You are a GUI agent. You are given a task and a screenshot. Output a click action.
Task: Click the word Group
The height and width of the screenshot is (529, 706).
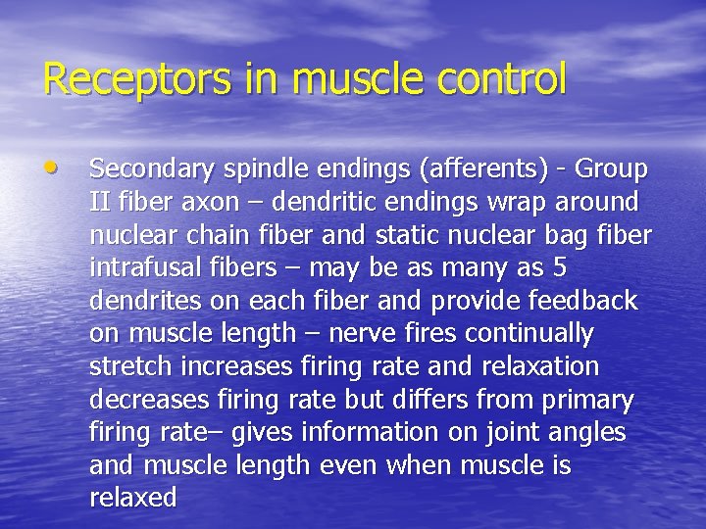click(612, 169)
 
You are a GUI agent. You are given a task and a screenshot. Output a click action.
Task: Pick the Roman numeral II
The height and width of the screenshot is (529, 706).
click(99, 202)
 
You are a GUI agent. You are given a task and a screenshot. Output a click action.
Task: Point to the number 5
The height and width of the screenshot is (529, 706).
click(560, 267)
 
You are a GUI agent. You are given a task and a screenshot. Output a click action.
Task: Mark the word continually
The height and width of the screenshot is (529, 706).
click(529, 334)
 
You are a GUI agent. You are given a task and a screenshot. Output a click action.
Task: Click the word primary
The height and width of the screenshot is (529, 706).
click(587, 400)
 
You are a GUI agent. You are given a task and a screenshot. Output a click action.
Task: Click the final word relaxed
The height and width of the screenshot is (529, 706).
click(132, 498)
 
